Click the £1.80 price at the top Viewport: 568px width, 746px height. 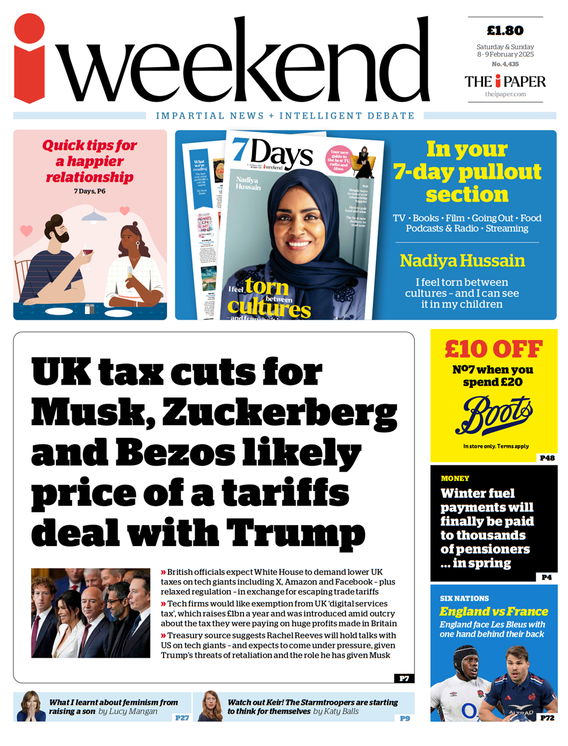coord(505,31)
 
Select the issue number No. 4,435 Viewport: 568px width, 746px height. coord(505,64)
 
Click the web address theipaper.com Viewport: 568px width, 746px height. coord(505,94)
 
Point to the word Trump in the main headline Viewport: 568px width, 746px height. coord(296,532)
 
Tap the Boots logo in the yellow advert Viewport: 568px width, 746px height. coord(493,415)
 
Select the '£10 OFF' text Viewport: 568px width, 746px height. coord(493,349)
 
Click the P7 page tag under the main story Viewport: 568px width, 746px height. coord(404,678)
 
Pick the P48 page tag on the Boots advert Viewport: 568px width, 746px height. coord(547,458)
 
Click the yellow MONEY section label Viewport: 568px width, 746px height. coord(455,478)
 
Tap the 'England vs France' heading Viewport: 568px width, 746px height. coord(493,612)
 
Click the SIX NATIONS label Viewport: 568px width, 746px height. coord(464,598)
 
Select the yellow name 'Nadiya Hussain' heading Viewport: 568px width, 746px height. coord(462,260)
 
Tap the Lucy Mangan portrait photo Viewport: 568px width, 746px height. coord(31,707)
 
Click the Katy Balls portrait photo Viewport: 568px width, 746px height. coord(210,707)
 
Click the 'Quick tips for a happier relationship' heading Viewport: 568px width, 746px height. coord(90,161)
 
